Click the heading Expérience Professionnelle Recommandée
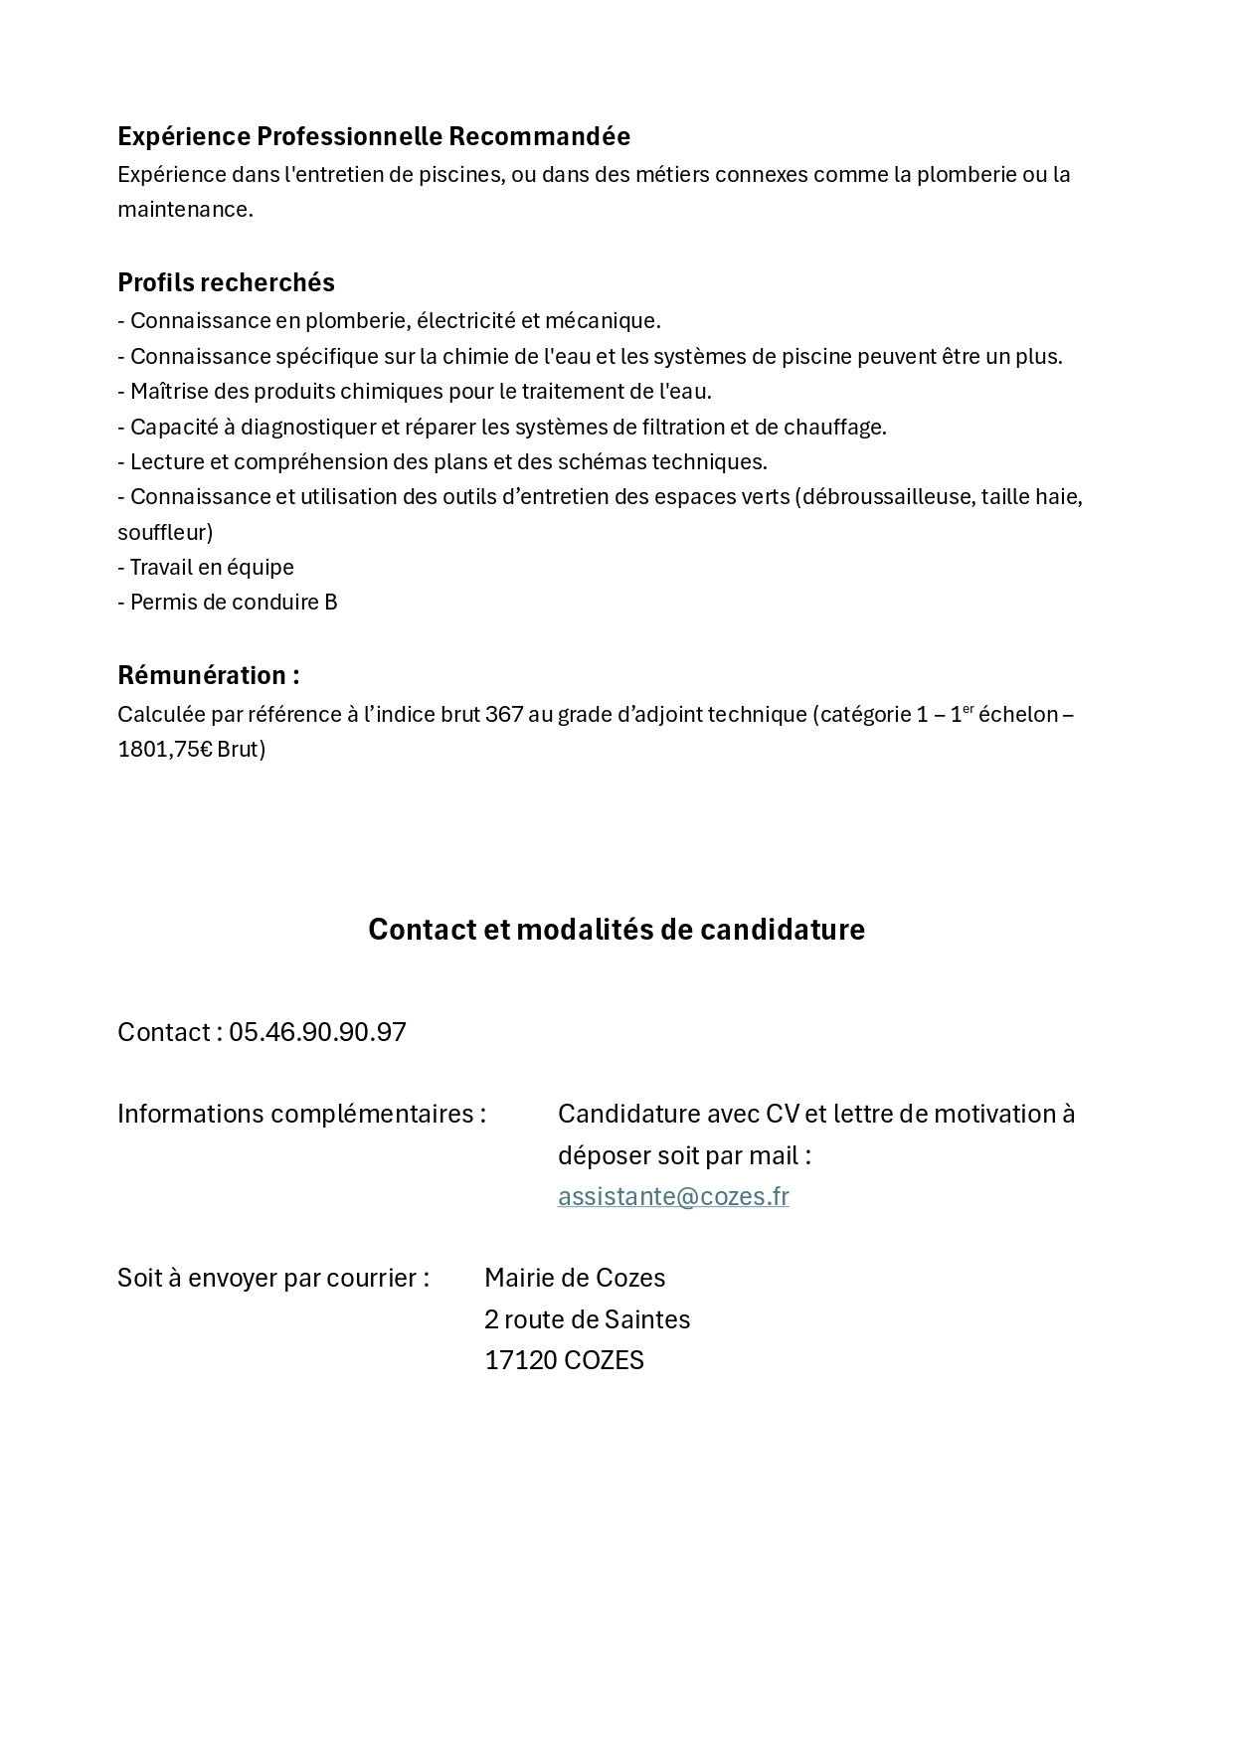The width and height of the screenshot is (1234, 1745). (x=374, y=136)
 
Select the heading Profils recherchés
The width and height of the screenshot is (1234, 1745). (x=226, y=282)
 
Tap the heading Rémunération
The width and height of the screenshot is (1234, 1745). (x=208, y=675)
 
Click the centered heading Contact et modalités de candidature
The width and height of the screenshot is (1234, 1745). (x=617, y=929)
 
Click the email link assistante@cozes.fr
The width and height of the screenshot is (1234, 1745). (x=673, y=1196)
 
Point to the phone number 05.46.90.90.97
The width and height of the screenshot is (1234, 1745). (x=317, y=1032)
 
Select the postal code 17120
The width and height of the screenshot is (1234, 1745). (x=520, y=1360)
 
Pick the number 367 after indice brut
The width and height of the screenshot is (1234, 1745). (x=504, y=714)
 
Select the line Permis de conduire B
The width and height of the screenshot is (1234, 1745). (x=228, y=602)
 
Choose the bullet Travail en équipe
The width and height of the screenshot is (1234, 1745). (x=206, y=567)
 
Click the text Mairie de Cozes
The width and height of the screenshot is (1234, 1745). (x=575, y=1278)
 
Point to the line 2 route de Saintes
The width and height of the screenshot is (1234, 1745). (x=587, y=1319)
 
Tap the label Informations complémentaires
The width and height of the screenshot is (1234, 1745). (x=301, y=1114)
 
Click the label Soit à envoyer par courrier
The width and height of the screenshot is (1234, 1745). (x=273, y=1278)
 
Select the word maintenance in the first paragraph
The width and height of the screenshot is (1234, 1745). (x=183, y=209)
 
